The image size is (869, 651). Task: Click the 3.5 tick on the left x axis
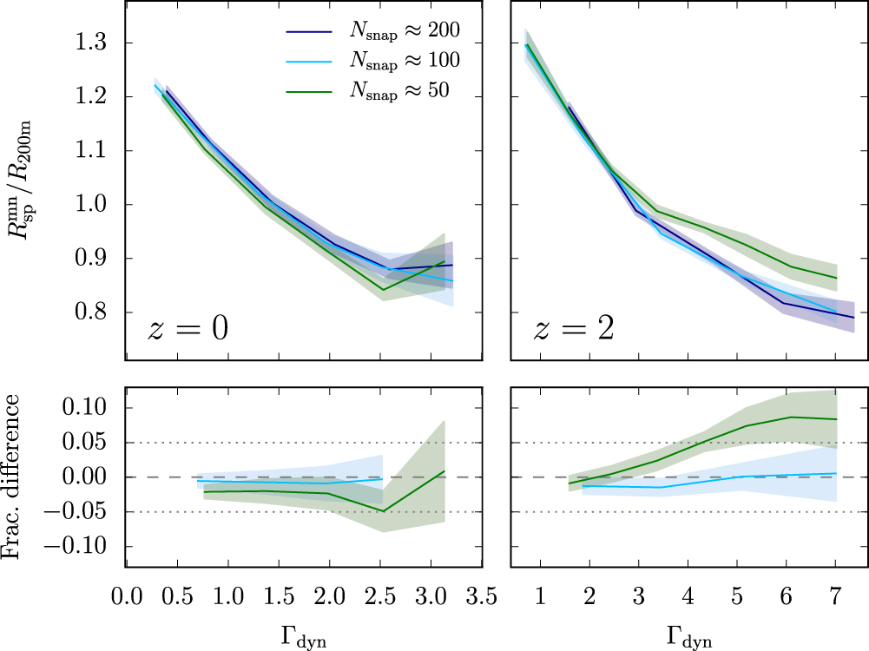[x=482, y=598]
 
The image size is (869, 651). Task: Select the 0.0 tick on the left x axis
[x=127, y=598]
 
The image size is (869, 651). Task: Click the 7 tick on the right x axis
[x=834, y=598]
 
